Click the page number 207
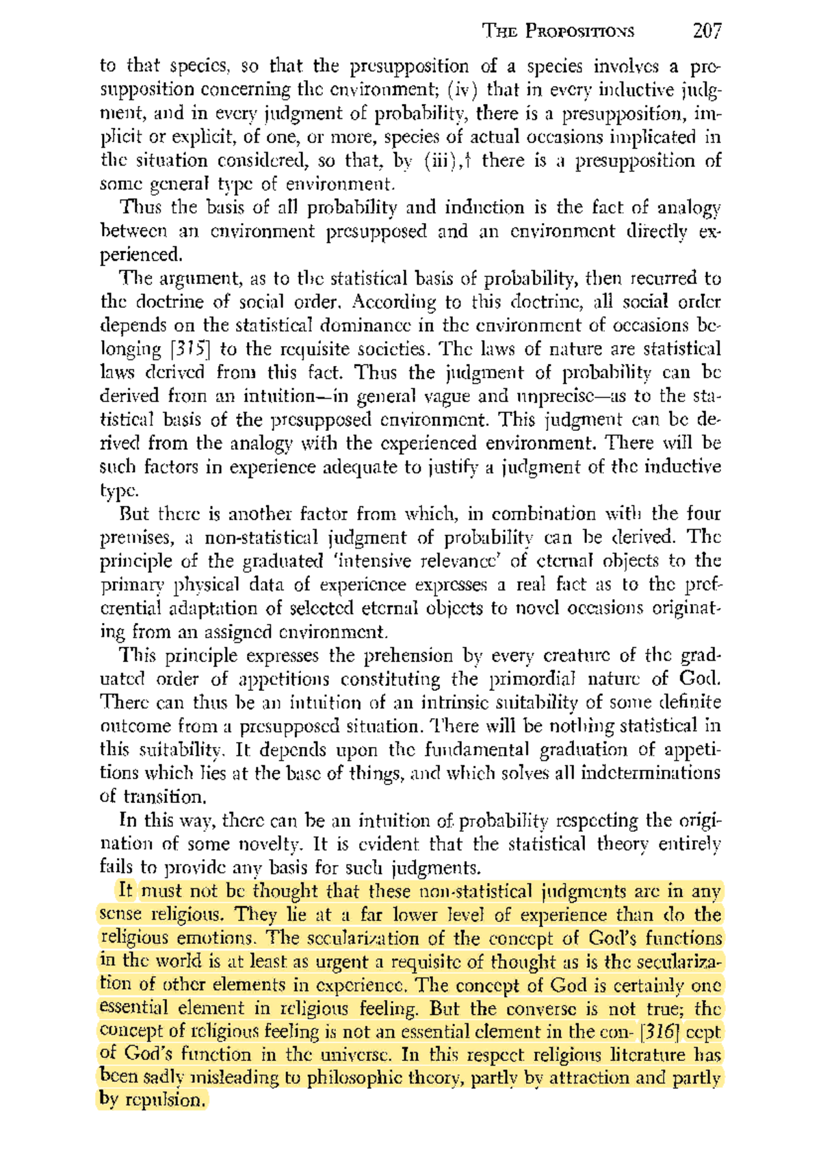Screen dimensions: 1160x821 pos(707,31)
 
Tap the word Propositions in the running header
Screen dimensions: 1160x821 pos(581,31)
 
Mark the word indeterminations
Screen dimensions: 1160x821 pos(650,773)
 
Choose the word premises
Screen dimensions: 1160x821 pos(137,538)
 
